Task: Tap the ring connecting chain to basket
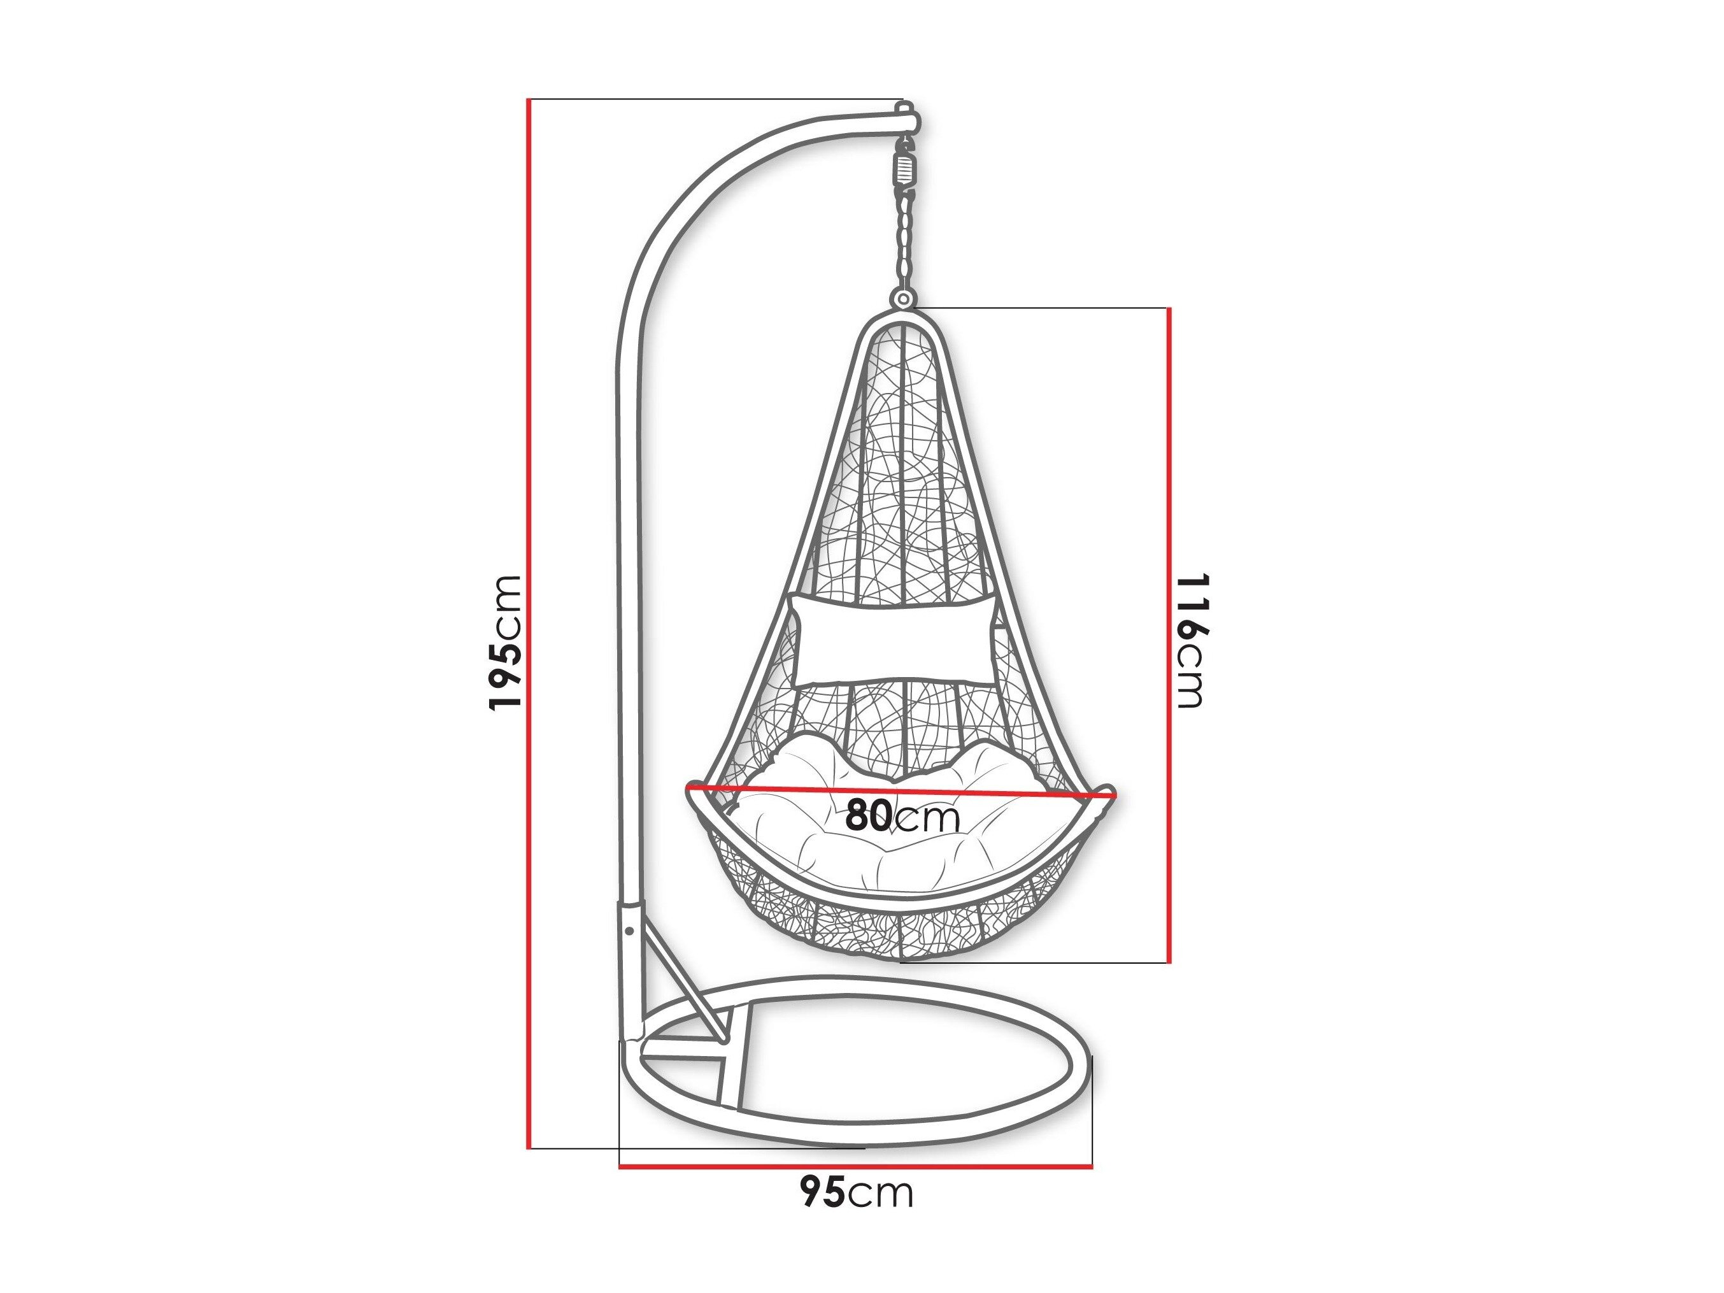(x=903, y=300)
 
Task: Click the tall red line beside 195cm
(x=529, y=623)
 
